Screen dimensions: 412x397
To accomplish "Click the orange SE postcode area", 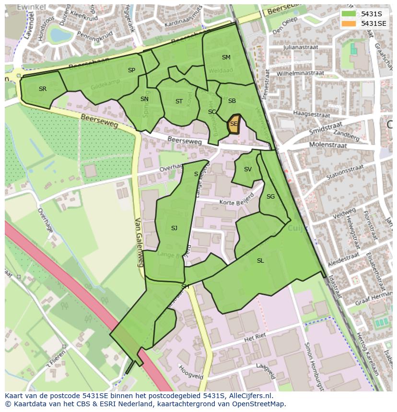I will [x=234, y=124].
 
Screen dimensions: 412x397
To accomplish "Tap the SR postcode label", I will [x=43, y=89].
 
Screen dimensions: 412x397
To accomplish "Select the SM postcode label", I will [x=226, y=57].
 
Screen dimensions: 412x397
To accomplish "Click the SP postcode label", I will [x=131, y=70].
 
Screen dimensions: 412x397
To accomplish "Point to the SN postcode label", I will [x=144, y=99].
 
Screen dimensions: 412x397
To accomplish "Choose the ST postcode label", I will [x=179, y=101].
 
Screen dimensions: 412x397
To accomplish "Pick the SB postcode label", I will [x=232, y=101].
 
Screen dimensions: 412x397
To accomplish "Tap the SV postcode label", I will [x=247, y=169].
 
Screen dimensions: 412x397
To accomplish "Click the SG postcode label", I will [x=270, y=197].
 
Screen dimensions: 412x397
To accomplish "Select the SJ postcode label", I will [x=174, y=228].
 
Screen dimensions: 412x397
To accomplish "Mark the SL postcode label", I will [x=260, y=261].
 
